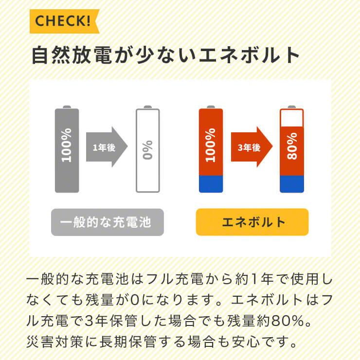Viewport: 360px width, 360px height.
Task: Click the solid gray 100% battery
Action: click(x=67, y=150)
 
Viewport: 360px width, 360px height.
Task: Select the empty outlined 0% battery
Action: click(x=147, y=150)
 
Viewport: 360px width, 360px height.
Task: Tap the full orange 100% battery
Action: click(x=211, y=146)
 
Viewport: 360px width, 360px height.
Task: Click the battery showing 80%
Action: click(x=292, y=150)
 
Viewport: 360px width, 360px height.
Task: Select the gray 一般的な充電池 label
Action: click(x=108, y=222)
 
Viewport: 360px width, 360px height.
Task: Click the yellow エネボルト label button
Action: click(x=252, y=222)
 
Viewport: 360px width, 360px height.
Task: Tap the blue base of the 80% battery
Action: click(x=292, y=184)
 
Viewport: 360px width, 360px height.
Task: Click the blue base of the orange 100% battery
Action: click(x=211, y=184)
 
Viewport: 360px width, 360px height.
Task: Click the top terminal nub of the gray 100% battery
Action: click(x=67, y=107)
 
